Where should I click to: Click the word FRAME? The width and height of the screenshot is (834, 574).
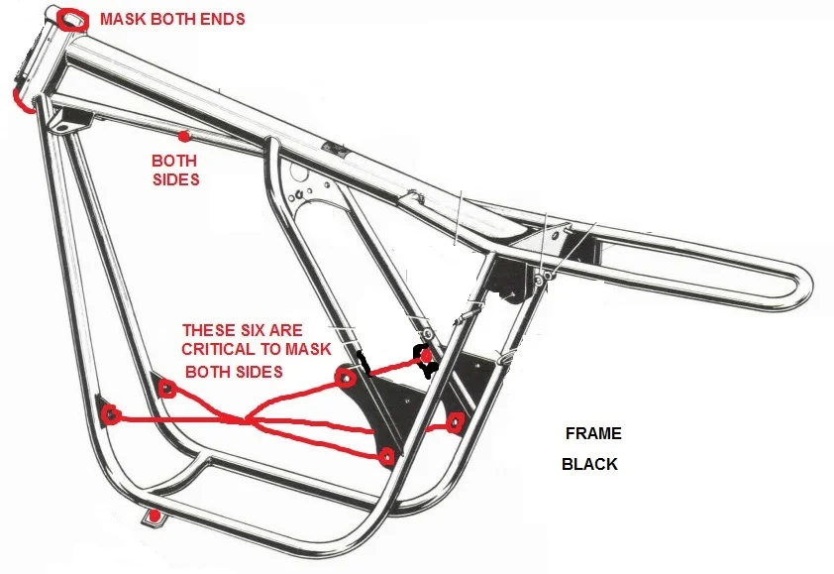coord(593,434)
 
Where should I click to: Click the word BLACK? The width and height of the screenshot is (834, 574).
coord(589,464)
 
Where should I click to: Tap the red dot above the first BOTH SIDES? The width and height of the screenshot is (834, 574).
coord(183,135)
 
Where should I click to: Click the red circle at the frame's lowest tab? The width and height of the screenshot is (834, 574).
coord(153,517)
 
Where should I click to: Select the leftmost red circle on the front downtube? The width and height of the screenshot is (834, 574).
coord(110,413)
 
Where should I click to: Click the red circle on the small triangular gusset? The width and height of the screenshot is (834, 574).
coord(166,388)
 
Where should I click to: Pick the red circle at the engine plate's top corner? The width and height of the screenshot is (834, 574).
coord(346,378)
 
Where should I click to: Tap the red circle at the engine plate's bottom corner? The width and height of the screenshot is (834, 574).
coord(386,456)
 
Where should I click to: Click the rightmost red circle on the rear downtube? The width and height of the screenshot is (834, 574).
coord(456,424)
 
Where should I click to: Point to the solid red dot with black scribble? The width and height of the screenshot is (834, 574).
coord(426,355)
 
